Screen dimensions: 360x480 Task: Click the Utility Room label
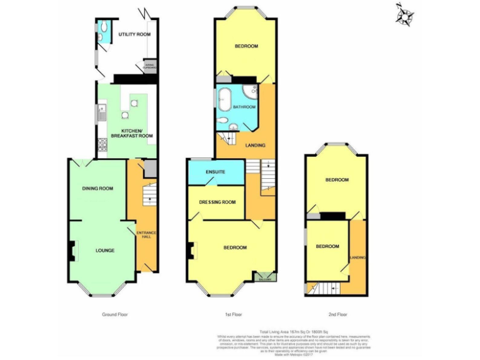point(134,34)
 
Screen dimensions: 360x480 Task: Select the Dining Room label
point(97,188)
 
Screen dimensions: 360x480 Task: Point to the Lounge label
point(104,251)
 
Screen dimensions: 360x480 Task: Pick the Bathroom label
point(244,107)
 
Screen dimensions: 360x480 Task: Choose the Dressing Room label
point(217,202)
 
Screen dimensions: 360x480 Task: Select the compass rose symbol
point(405,15)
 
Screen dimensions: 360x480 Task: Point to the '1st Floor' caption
point(232,314)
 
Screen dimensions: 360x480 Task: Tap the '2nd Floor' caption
point(337,314)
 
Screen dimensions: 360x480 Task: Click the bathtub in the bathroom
point(225,103)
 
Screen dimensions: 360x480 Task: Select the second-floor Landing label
point(358,257)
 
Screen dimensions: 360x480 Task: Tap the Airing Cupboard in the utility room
point(149,65)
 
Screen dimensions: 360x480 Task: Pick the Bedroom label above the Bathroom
point(246,46)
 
